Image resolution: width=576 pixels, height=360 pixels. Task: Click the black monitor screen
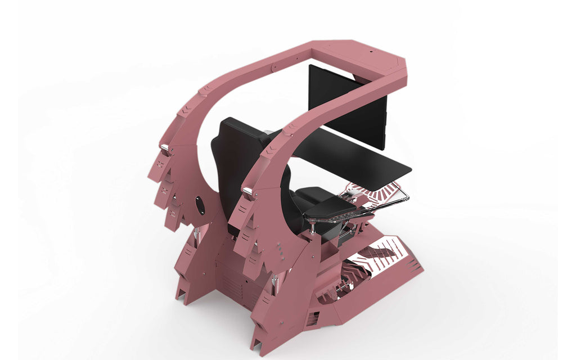click(x=346, y=107)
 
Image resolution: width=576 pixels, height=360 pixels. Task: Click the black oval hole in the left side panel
click(x=199, y=206)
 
